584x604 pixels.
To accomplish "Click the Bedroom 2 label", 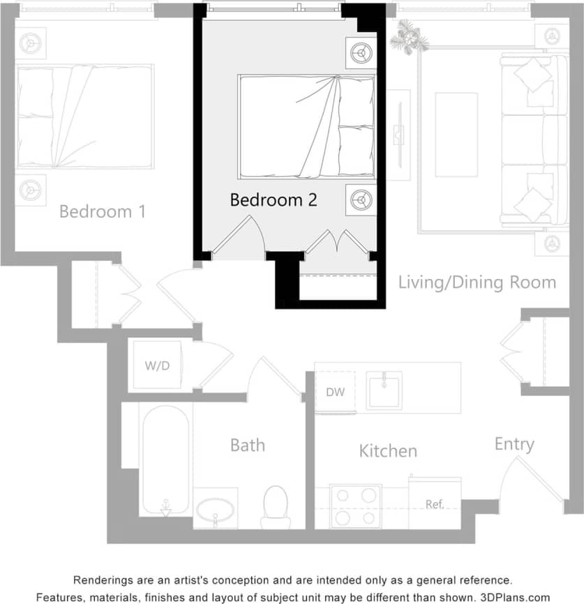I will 274,200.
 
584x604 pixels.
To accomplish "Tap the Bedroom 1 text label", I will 103,211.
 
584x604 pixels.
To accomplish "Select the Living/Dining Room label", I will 477,282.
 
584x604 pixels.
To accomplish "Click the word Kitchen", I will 388,451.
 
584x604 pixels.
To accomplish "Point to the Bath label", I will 248,445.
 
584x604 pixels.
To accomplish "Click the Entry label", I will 514,444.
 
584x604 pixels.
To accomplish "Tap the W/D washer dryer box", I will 157,365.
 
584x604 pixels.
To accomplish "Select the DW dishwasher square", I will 336,392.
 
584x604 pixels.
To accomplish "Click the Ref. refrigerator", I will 435,504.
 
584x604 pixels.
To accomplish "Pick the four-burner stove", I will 355,506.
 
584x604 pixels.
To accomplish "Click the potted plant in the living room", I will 408,36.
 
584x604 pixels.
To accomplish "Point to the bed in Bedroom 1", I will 84,116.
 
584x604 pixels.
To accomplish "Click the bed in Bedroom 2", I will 306,127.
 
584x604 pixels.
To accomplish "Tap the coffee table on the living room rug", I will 456,135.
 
